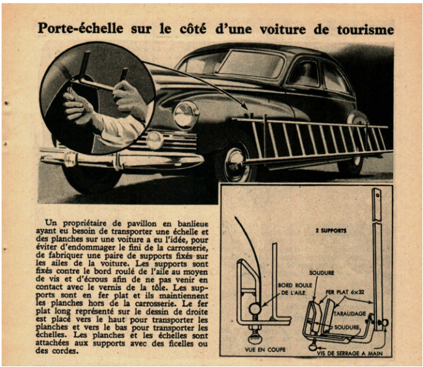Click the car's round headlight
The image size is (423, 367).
coord(186,114)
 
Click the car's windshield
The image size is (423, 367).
coord(250,64)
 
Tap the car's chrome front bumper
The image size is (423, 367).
coord(123,158)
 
